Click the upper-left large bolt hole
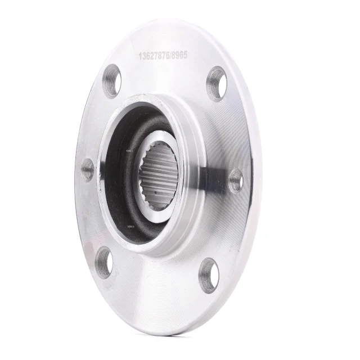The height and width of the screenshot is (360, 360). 111,81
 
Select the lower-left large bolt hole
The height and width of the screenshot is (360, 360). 103,262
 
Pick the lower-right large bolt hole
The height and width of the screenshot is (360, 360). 209,275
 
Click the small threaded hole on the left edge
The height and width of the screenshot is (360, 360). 87,169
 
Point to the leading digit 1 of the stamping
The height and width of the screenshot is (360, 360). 140,56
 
